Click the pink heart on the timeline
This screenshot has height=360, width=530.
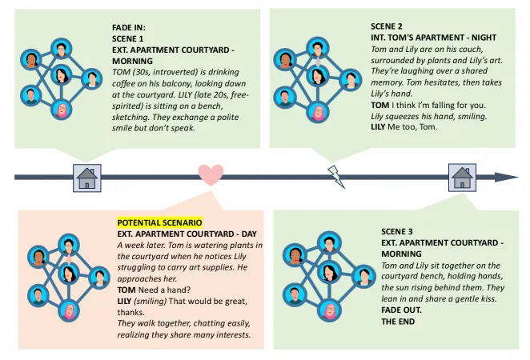click(x=211, y=174)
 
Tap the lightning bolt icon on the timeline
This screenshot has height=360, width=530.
click(x=336, y=176)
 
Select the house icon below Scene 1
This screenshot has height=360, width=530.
click(x=87, y=178)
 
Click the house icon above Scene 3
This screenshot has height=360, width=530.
click(x=462, y=178)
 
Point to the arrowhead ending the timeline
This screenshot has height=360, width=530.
click(x=506, y=177)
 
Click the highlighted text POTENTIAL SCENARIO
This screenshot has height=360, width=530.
click(x=159, y=222)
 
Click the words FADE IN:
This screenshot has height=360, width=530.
click(x=129, y=27)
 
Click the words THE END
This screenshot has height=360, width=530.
click(x=398, y=321)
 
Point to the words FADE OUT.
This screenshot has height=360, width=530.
click(x=401, y=310)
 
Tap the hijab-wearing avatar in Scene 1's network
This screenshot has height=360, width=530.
click(x=62, y=110)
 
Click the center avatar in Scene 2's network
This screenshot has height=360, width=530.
click(x=317, y=76)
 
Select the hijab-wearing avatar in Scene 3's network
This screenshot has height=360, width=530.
click(x=329, y=310)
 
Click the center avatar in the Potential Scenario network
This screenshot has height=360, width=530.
click(x=69, y=274)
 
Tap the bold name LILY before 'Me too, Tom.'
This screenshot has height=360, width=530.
click(x=378, y=127)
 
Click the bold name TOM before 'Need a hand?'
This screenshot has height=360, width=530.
click(x=126, y=290)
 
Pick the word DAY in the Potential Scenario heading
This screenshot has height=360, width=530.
click(x=249, y=234)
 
